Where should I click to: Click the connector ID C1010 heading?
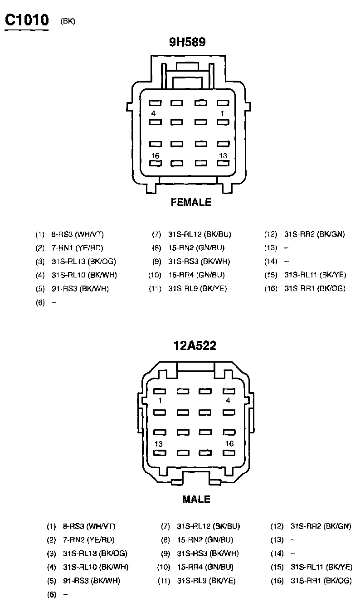click(26, 20)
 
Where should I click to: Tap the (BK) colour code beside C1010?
click(68, 22)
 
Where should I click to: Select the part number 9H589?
click(187, 42)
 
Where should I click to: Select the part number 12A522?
click(195, 346)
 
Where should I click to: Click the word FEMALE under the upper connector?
click(191, 202)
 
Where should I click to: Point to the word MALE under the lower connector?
click(196, 500)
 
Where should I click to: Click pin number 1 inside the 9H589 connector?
click(222, 113)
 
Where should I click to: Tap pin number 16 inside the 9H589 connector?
click(156, 155)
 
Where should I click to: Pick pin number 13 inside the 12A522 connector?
click(159, 444)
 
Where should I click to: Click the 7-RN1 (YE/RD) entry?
click(78, 248)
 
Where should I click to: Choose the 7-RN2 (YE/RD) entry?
click(89, 540)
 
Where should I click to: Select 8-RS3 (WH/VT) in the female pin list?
click(78, 234)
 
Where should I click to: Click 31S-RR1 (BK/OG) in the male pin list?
click(321, 580)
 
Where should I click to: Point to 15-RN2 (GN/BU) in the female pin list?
click(196, 248)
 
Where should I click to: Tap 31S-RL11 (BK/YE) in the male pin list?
click(321, 567)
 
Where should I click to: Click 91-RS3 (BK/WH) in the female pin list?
click(80, 288)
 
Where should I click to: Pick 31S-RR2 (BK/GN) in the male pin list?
click(321, 526)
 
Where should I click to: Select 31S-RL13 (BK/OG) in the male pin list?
click(95, 553)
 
